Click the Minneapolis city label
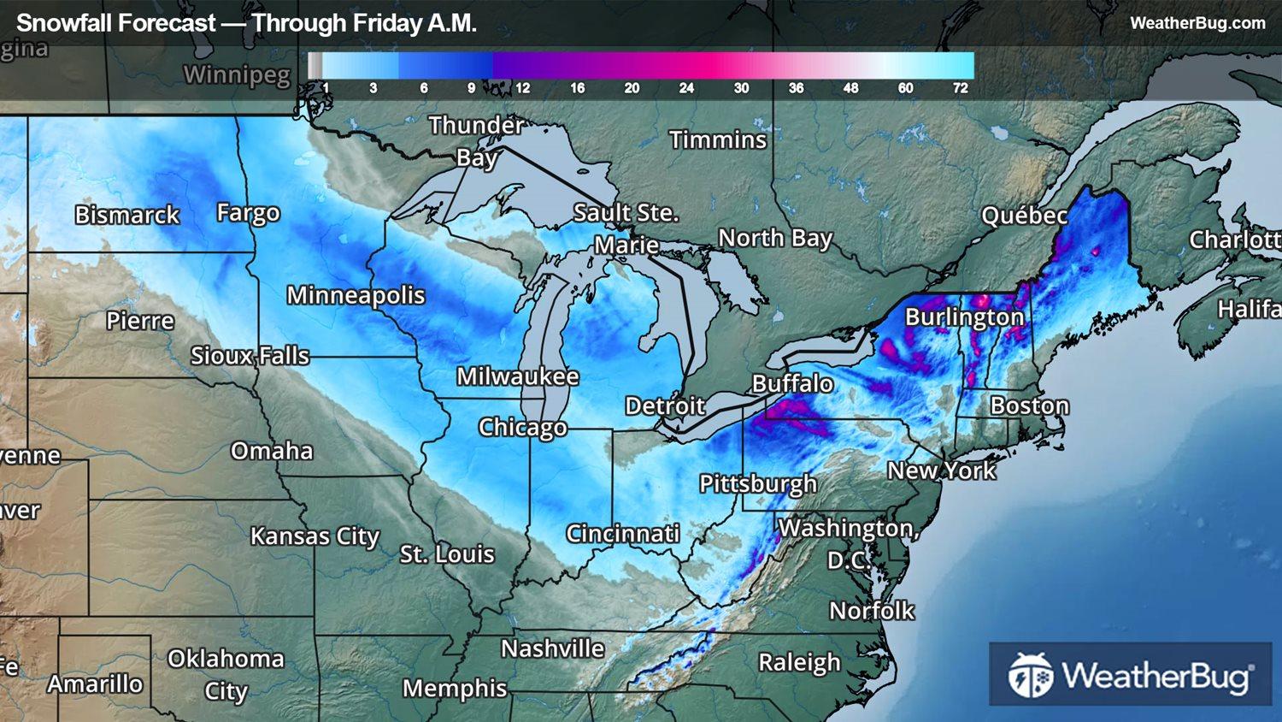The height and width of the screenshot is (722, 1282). [x=356, y=295]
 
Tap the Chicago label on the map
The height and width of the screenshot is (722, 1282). [x=522, y=427]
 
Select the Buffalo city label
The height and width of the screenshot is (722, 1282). [x=792, y=383]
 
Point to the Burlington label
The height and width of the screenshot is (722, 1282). [x=964, y=317]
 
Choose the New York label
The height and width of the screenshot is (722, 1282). [x=941, y=470]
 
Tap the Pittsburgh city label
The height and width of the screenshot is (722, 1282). [x=758, y=484]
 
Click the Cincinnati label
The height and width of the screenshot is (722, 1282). [x=622, y=534]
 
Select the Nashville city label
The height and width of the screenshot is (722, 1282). [x=552, y=648]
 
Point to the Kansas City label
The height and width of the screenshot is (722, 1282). [x=315, y=536]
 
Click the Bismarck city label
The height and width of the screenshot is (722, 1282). [x=126, y=215]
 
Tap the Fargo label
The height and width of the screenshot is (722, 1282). [x=248, y=212]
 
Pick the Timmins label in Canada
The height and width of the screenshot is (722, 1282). [x=718, y=139]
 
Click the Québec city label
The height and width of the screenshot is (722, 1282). [x=1024, y=216]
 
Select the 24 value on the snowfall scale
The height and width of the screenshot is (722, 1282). [x=686, y=88]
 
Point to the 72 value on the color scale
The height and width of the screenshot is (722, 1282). [x=961, y=88]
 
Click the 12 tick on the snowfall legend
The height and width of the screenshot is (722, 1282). [x=522, y=88]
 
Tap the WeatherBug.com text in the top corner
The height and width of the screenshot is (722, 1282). [x=1197, y=23]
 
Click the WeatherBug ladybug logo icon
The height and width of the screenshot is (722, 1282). [x=1030, y=675]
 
